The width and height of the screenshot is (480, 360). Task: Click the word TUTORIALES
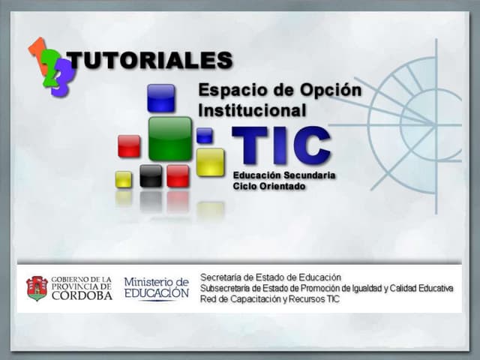point(150,60)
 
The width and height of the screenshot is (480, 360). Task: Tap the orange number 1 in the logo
point(35,50)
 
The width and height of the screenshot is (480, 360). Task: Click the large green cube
point(169,138)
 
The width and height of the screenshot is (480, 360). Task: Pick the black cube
point(151,175)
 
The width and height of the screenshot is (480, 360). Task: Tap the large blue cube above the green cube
point(160,97)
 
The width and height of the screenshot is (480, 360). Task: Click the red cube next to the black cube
point(178,175)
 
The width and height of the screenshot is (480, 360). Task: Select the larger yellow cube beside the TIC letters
point(211,162)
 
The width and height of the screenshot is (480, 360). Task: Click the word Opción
point(329,90)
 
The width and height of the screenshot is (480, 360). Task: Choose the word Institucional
point(253,110)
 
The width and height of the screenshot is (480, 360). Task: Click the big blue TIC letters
point(281,145)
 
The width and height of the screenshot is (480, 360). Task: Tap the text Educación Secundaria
point(283,175)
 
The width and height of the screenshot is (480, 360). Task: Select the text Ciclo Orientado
point(268,185)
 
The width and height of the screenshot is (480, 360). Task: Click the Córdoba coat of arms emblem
point(37,287)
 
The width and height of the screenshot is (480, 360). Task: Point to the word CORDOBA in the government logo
point(82,295)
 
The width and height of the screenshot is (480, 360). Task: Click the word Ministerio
point(157,281)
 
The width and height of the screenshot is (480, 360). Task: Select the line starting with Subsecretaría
point(326,288)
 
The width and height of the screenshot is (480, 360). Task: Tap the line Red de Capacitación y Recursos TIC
point(269,299)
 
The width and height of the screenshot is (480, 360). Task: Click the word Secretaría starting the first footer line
point(224,277)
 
